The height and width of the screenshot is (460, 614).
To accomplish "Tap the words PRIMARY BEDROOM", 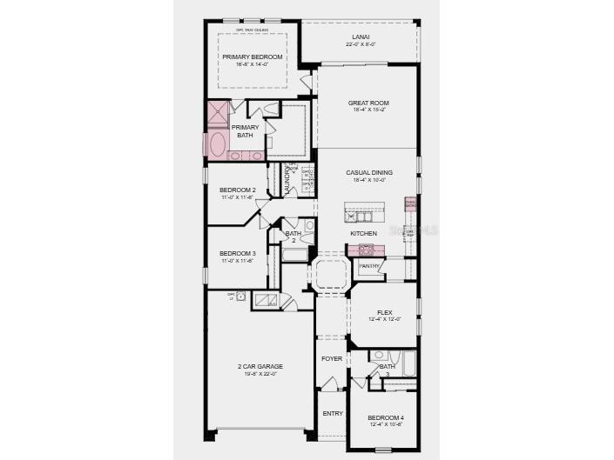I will click(252, 57).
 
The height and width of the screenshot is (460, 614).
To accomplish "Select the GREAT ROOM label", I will click(368, 103).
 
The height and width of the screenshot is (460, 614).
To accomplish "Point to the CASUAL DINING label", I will click(368, 173).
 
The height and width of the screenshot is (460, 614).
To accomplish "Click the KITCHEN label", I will click(364, 234).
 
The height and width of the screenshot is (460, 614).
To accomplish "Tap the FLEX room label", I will click(384, 312).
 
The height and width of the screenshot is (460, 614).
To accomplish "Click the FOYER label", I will click(331, 358).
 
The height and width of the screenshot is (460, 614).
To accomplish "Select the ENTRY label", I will click(331, 413).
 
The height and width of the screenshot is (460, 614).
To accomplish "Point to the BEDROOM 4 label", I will click(385, 417).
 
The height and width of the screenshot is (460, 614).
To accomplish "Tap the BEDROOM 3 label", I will click(237, 254).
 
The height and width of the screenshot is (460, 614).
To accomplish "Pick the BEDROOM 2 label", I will click(237, 190).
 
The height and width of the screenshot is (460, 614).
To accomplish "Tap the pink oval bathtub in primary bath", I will click(216, 144).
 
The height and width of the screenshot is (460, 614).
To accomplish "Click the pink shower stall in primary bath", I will click(218, 113).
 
